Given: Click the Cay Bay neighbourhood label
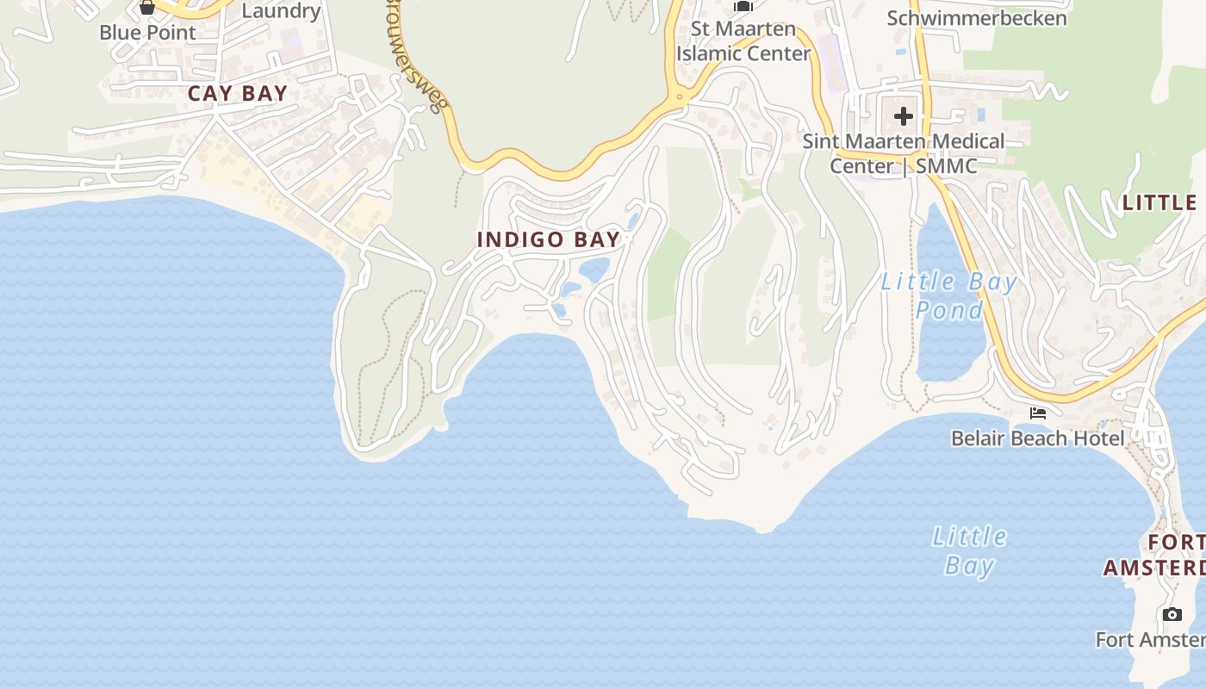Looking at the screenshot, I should (x=238, y=94).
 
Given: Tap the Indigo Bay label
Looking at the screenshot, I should (x=549, y=239).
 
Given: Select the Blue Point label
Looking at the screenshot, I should (x=147, y=33).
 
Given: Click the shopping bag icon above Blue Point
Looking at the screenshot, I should (x=147, y=7).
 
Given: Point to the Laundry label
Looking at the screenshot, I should (x=281, y=11).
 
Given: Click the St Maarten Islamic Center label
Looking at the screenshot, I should (x=743, y=41).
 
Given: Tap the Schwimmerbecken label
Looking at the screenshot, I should (x=976, y=18).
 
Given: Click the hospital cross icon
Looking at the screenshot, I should (x=903, y=115).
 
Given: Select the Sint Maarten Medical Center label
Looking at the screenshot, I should (x=904, y=153).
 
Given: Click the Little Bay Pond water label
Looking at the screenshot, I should (x=949, y=295).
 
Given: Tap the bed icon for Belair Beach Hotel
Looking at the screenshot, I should (x=1037, y=413).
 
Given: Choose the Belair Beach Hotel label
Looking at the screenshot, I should (x=1037, y=438).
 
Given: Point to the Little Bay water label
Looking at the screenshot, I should (x=969, y=551).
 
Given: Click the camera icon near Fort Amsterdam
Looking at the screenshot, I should (x=1172, y=614).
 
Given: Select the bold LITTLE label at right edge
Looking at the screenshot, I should (x=1159, y=203).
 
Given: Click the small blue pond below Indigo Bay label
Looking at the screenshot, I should (x=594, y=270).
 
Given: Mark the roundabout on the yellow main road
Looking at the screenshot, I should (x=680, y=95).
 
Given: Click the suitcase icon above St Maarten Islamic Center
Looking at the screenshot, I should (x=743, y=6).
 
